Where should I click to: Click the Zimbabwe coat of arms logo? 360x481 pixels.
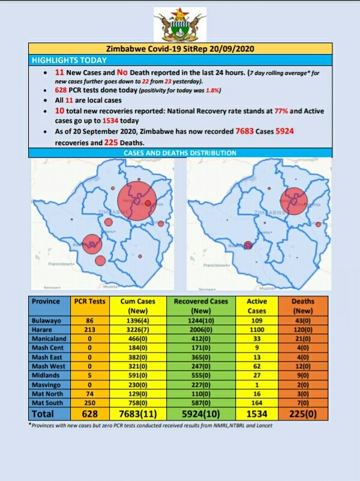coord(179,24)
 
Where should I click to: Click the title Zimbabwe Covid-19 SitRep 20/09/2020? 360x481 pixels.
coord(179,49)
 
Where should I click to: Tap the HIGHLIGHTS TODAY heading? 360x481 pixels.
coord(69,60)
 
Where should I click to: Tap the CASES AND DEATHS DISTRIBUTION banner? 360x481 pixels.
coord(179,154)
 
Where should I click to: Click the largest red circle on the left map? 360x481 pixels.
coord(136,198)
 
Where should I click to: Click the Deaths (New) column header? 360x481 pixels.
coord(303,306)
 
